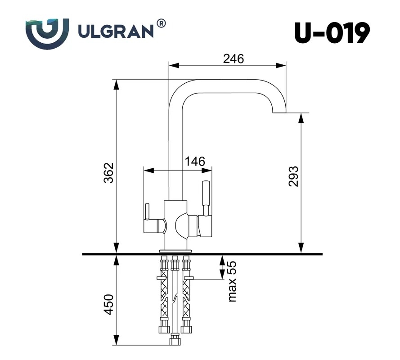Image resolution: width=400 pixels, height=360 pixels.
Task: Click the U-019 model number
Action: pos(332,33)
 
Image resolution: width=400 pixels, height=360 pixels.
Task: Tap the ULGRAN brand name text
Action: pos(116,32)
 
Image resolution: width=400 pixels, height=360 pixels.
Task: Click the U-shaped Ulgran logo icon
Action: pos(47,34)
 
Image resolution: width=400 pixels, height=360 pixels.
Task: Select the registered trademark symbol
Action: pos(161,23)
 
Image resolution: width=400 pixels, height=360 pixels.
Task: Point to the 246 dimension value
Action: pos(234,58)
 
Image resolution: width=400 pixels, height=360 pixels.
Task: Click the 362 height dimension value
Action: pos(109,173)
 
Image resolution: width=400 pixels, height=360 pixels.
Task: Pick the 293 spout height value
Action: pos(293,176)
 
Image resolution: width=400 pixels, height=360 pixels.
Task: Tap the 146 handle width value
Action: pos(195,161)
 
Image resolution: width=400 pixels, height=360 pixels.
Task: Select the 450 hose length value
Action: pos(109,304)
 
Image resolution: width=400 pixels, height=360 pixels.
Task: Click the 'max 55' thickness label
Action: pos(232,281)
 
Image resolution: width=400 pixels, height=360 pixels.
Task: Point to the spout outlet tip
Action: pos(279,112)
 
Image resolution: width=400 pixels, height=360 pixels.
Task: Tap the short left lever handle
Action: pos(147,211)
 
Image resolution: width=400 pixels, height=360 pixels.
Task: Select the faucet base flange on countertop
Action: pos(175,251)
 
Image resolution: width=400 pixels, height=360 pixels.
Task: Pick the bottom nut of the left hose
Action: pos(164,329)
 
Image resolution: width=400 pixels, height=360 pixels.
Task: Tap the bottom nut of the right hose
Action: pos(186,329)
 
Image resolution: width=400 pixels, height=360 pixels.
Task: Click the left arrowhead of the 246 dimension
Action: pos(174,66)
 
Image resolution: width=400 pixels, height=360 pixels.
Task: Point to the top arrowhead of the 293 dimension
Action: pos(301,118)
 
